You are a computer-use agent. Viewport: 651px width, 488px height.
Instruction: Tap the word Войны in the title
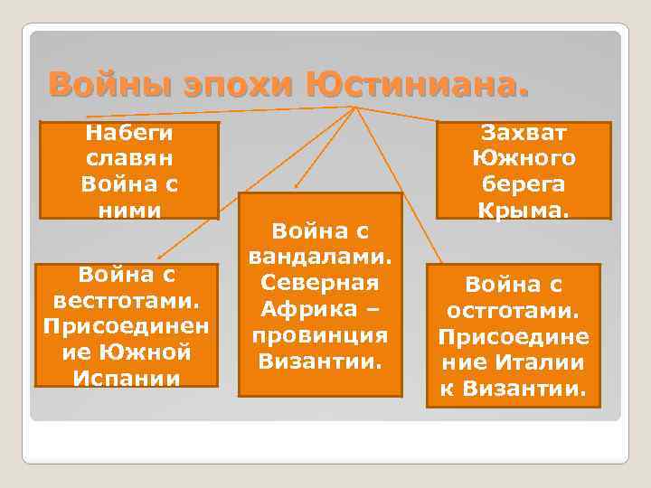99,86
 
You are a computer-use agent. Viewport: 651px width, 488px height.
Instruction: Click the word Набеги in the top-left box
128,134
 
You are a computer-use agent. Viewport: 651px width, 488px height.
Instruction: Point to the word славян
128,159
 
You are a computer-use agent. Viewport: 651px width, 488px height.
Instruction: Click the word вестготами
126,299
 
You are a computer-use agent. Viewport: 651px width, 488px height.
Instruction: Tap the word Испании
126,377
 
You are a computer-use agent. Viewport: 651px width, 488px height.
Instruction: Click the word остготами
513,311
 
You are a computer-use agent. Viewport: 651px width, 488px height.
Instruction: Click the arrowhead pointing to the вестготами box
160,258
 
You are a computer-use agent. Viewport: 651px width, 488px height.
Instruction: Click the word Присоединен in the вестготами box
126,324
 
